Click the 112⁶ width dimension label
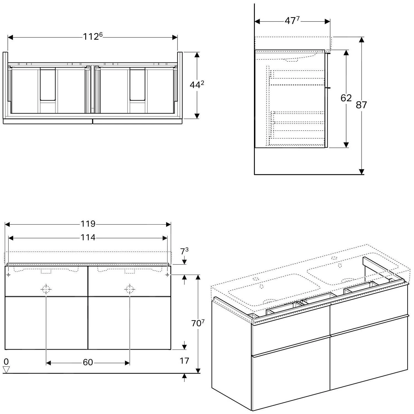(93, 37)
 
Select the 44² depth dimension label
(197, 85)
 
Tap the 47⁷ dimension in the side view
(292, 21)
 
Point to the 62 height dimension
(346, 98)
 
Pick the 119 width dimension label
(88, 224)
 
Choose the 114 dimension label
(88, 237)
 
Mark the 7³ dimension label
(184, 252)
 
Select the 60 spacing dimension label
(88, 362)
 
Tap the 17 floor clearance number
(184, 361)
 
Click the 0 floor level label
(6, 362)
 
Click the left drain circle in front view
(46, 289)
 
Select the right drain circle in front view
(129, 289)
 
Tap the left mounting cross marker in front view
(9, 275)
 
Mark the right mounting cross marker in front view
(167, 275)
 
